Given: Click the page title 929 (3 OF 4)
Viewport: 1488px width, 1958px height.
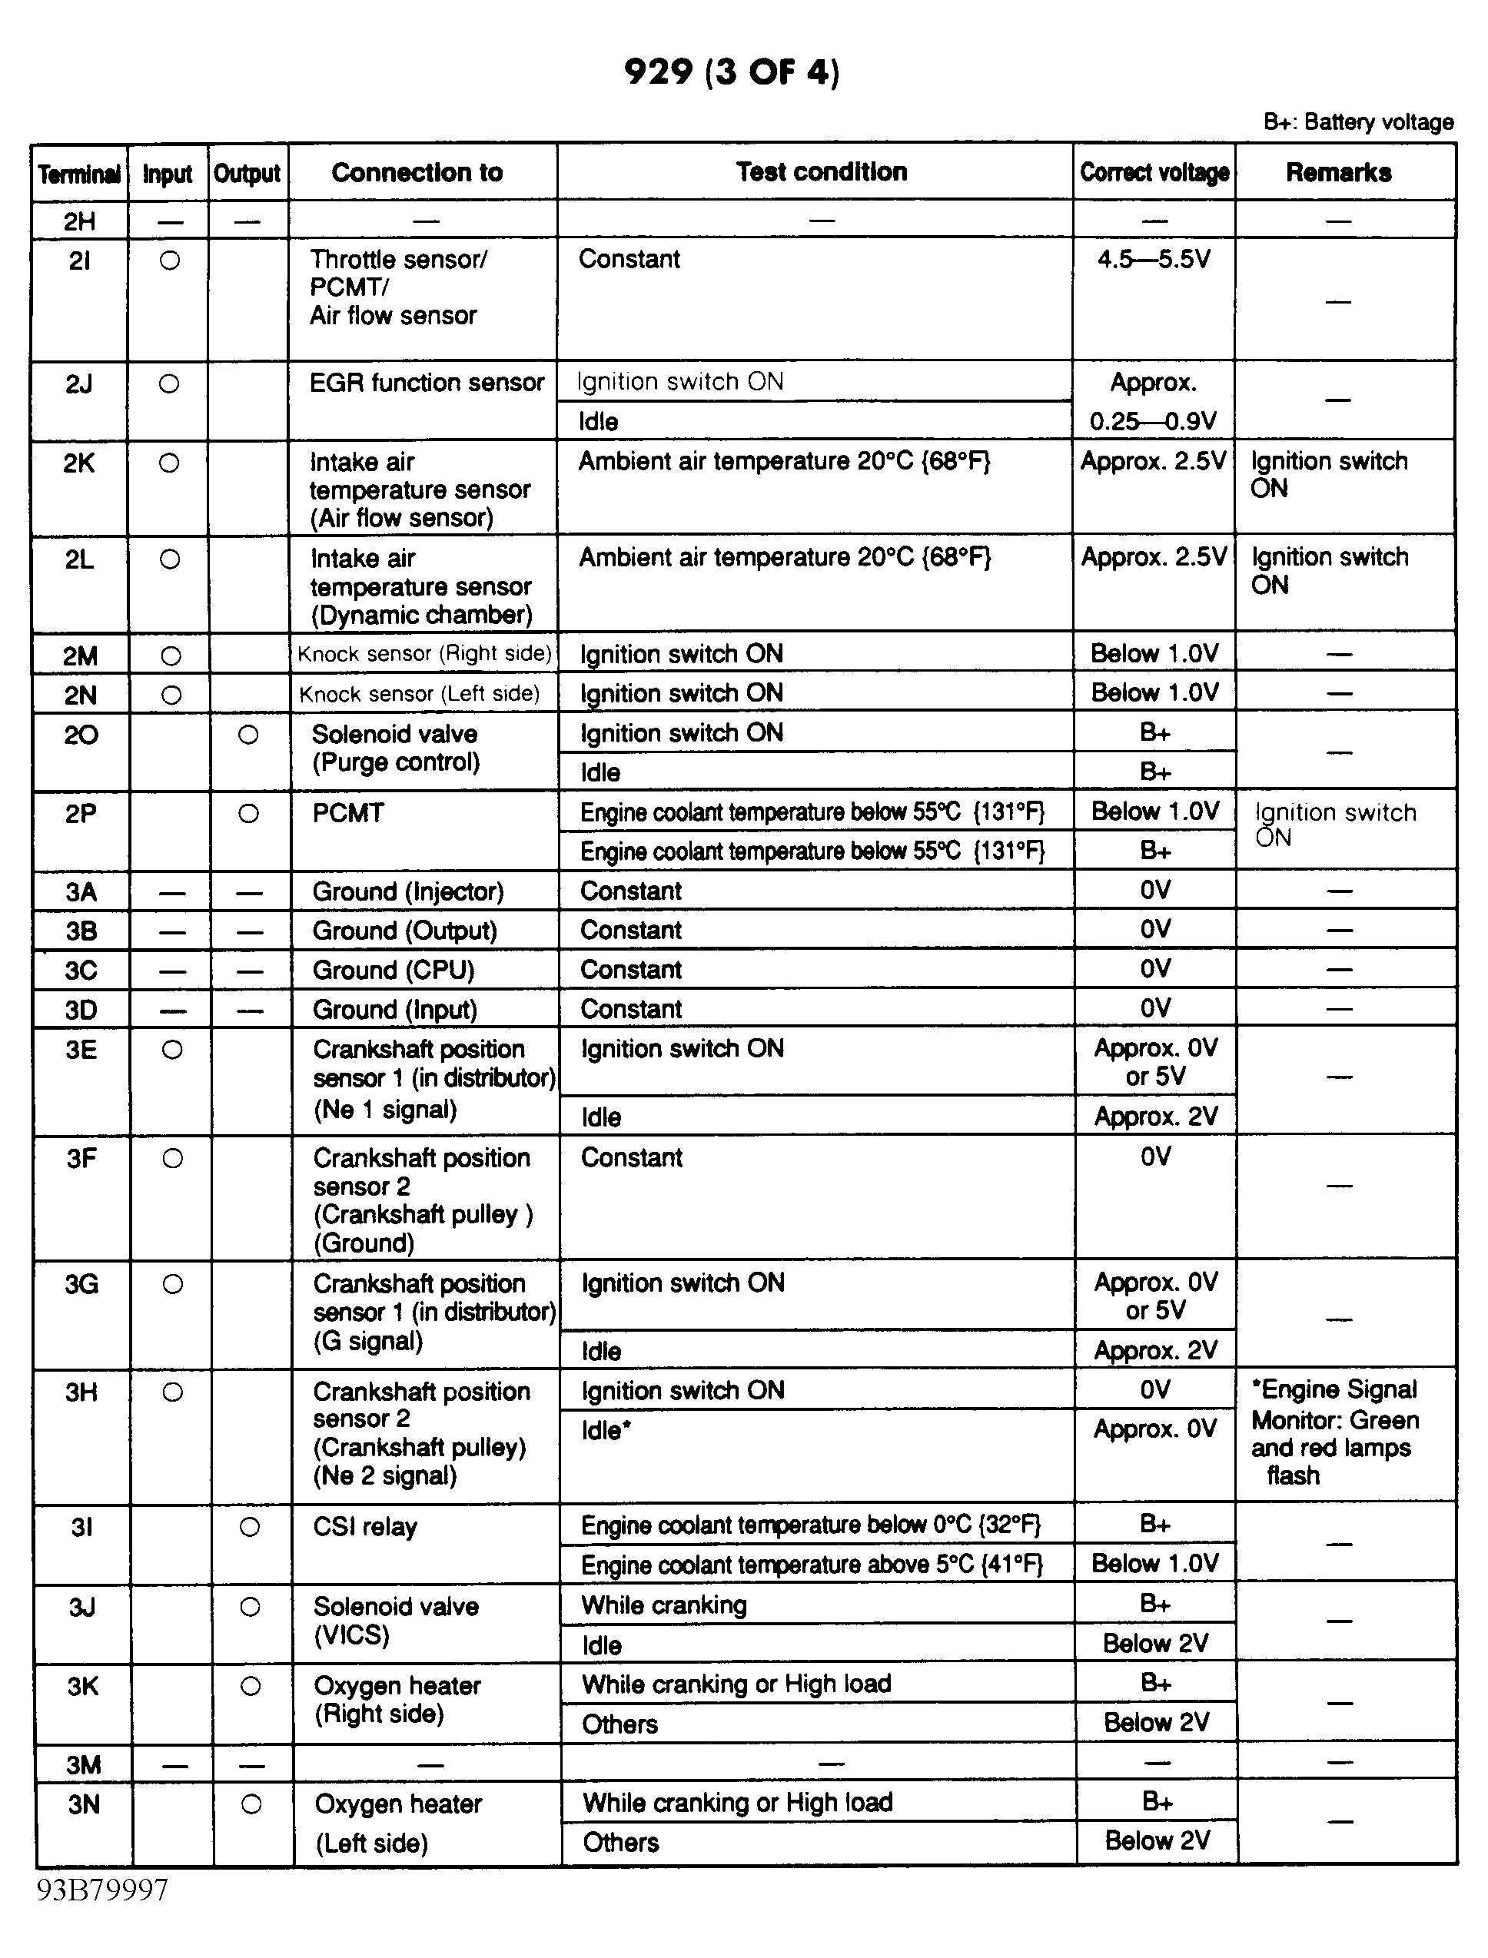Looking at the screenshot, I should [732, 71].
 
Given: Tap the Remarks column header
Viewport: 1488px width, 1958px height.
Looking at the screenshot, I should [1338, 173].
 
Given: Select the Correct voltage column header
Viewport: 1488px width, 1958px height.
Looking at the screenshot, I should [1154, 173].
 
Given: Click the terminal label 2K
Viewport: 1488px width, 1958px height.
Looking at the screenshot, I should [80, 463].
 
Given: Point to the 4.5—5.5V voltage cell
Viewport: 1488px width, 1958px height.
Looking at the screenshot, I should [1153, 260].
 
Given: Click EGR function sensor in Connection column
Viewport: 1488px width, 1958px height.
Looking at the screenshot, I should [426, 383].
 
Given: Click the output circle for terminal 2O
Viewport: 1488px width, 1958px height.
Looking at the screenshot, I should [249, 734].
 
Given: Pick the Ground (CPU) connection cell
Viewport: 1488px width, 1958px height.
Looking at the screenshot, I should [394, 971].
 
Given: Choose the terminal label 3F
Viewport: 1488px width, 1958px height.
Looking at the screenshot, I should [81, 1158].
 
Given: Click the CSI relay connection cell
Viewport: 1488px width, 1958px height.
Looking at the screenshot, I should [365, 1527].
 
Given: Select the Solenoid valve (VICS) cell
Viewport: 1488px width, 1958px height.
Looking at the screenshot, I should [396, 1621].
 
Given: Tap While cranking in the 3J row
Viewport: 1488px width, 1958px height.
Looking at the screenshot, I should [664, 1605].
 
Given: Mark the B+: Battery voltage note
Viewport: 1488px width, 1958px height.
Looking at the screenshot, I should [1358, 122].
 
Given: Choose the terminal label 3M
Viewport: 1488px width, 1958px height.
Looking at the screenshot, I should [83, 1765].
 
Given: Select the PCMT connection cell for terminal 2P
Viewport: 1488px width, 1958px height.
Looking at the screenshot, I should [348, 813].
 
